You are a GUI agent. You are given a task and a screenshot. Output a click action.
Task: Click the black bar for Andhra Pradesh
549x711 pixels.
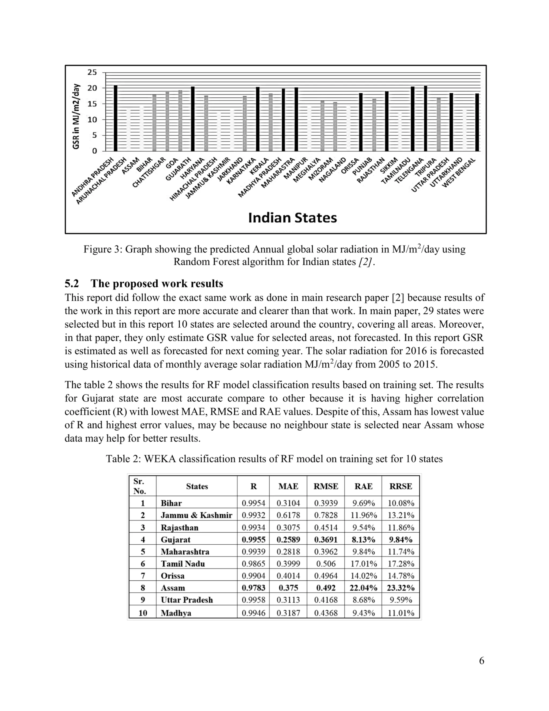coord(116,118)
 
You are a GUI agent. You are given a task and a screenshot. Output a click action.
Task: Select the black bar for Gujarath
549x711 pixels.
coord(192,119)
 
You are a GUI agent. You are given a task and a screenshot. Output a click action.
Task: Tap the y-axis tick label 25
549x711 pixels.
coord(92,72)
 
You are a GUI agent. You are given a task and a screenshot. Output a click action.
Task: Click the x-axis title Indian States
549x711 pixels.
coord(292,218)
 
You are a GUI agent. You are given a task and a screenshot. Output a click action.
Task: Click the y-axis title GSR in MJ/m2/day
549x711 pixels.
coord(76,116)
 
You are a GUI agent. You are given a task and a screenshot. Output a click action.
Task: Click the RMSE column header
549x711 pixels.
coord(325,486)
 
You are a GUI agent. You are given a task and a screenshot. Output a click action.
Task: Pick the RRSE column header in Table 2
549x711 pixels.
coord(401,486)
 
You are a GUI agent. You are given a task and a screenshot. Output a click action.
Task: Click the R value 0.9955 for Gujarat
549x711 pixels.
coord(253,540)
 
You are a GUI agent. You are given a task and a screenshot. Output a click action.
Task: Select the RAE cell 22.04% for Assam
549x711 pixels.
coord(363,588)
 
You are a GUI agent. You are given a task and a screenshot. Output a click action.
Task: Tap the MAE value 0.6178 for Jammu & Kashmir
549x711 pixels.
coord(288,515)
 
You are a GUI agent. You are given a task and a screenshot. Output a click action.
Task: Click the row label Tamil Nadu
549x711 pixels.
coord(183,564)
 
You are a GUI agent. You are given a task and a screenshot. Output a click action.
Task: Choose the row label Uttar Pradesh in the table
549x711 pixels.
coord(187,600)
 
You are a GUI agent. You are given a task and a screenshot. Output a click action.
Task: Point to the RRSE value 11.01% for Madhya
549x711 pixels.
coord(401,613)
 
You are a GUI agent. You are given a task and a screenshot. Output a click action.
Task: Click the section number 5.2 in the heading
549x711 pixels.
coord(72,284)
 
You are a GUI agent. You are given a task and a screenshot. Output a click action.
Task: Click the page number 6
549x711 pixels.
coord(481,661)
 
